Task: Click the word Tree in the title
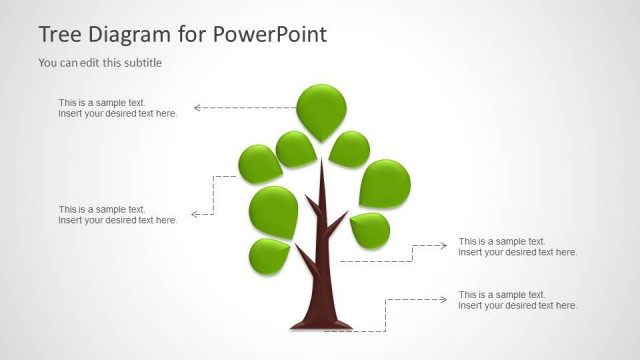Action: tap(58, 34)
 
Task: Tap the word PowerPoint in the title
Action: tap(269, 34)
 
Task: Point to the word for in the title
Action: tap(193, 34)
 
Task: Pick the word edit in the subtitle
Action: tap(92, 63)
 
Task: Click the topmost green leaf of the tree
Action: tap(322, 108)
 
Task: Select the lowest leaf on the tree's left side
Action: tap(268, 256)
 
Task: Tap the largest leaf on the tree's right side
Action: tap(384, 183)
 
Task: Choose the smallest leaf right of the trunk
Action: tap(370, 230)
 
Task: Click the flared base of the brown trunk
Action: tap(321, 322)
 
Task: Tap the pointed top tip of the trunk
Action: tap(321, 164)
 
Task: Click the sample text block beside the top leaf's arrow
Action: tap(117, 108)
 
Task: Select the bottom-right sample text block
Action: tap(517, 300)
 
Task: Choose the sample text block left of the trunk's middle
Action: tap(117, 214)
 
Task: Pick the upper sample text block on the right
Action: tap(517, 246)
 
